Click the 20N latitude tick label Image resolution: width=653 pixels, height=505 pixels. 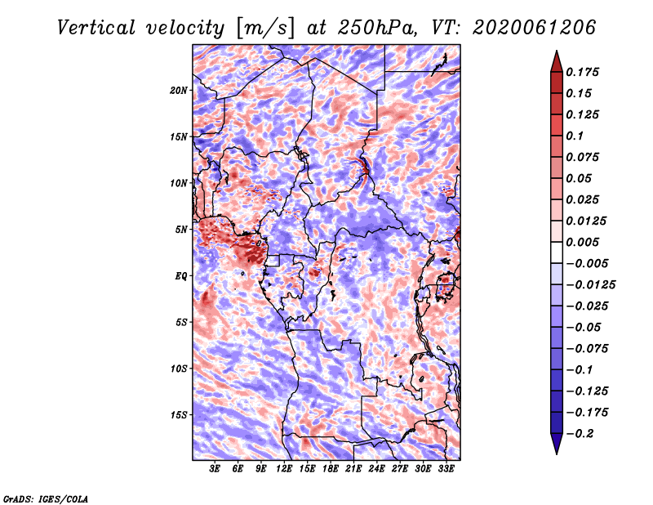[x=179, y=91]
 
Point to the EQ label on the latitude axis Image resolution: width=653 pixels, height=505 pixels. [x=181, y=276]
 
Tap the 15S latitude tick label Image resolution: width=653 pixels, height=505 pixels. [x=179, y=415]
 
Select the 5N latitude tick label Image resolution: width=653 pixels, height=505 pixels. [x=181, y=230]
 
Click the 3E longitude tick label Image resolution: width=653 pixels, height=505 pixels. [x=215, y=469]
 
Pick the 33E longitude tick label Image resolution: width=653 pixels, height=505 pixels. [x=446, y=469]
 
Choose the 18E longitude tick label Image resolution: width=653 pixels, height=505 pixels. [x=331, y=469]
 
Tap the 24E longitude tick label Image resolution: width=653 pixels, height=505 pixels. [x=376, y=469]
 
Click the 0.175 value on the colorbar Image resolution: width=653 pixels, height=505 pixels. [x=582, y=72]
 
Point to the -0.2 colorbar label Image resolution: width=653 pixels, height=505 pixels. [x=580, y=434]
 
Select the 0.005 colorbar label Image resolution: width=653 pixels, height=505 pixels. [x=582, y=242]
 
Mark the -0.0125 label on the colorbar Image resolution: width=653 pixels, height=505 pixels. [x=590, y=285]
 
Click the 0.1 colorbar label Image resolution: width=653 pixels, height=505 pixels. [x=575, y=136]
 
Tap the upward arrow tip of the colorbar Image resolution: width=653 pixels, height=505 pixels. [x=557, y=51]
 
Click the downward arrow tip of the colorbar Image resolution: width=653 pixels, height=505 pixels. [x=557, y=454]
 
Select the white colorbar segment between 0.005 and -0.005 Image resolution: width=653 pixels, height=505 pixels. [x=557, y=252]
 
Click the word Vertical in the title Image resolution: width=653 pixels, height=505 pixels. [x=96, y=28]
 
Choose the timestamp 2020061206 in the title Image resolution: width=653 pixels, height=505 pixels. [x=535, y=28]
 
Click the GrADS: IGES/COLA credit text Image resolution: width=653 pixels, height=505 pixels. [x=46, y=499]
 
